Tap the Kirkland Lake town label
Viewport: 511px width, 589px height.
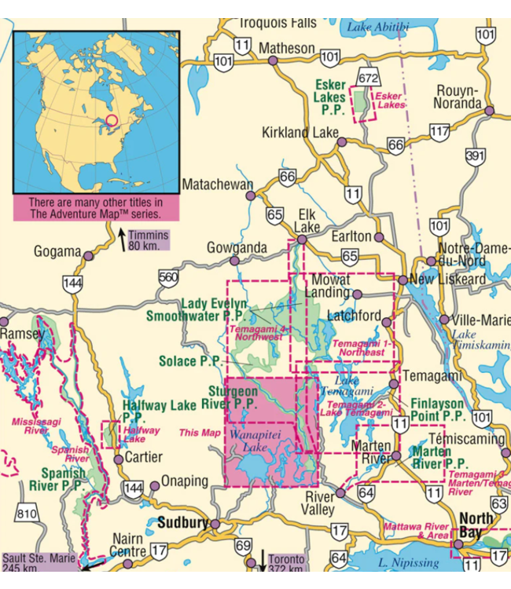pos(299,132)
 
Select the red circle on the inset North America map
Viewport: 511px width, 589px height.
pos(111,121)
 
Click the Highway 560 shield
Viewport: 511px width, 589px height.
pos(167,276)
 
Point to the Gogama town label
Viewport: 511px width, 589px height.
pos(57,252)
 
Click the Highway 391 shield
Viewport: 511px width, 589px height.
pos(474,157)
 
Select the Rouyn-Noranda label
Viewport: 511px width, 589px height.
pos(458,96)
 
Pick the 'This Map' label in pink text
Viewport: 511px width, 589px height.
pos(200,433)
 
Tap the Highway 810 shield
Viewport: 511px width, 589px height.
pos(28,515)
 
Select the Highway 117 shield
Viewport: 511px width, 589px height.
pos(439,132)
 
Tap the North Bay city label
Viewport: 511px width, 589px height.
pos(476,525)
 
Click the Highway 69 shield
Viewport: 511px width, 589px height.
pos(244,546)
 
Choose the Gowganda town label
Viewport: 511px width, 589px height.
pos(237,247)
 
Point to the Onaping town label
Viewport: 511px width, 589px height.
pos(185,481)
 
